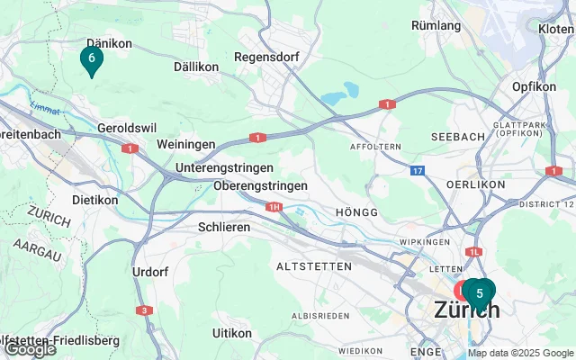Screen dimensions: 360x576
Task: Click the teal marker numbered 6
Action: [91, 58]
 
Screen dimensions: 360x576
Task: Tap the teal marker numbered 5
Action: [480, 292]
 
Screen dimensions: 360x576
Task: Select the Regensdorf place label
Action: [259, 57]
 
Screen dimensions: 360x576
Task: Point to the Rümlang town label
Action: [436, 25]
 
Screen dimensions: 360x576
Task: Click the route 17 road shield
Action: [417, 169]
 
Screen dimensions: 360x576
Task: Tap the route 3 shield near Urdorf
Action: [145, 310]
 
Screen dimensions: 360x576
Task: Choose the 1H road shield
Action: [274, 207]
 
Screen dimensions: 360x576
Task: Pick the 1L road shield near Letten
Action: [474, 252]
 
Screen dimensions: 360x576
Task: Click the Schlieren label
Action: [224, 228]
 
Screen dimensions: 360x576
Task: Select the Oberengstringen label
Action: [261, 185]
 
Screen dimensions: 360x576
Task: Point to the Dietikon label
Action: [94, 200]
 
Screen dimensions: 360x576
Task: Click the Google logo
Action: [29, 349]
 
